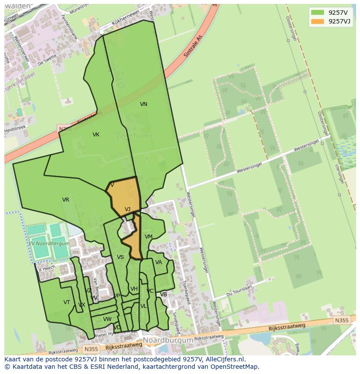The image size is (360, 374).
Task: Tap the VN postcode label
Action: [x=143, y=104]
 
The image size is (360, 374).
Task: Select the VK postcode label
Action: [x=96, y=135]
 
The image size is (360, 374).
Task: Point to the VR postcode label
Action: [x=66, y=200]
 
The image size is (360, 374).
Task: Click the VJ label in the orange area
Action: [x=127, y=209]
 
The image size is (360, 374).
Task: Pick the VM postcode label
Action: [x=149, y=237]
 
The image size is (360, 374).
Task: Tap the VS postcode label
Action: [x=120, y=257]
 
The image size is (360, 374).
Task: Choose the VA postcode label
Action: [x=159, y=262]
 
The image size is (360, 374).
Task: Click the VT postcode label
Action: [x=67, y=302]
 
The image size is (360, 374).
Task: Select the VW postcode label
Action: [x=107, y=319]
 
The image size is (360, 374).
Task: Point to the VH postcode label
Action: [x=134, y=289]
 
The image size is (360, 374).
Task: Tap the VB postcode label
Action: [x=163, y=295]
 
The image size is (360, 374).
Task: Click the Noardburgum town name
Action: [x=168, y=341]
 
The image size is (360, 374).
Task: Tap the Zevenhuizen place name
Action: [x=134, y=136]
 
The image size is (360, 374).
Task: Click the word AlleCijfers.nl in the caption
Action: [x=226, y=359]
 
